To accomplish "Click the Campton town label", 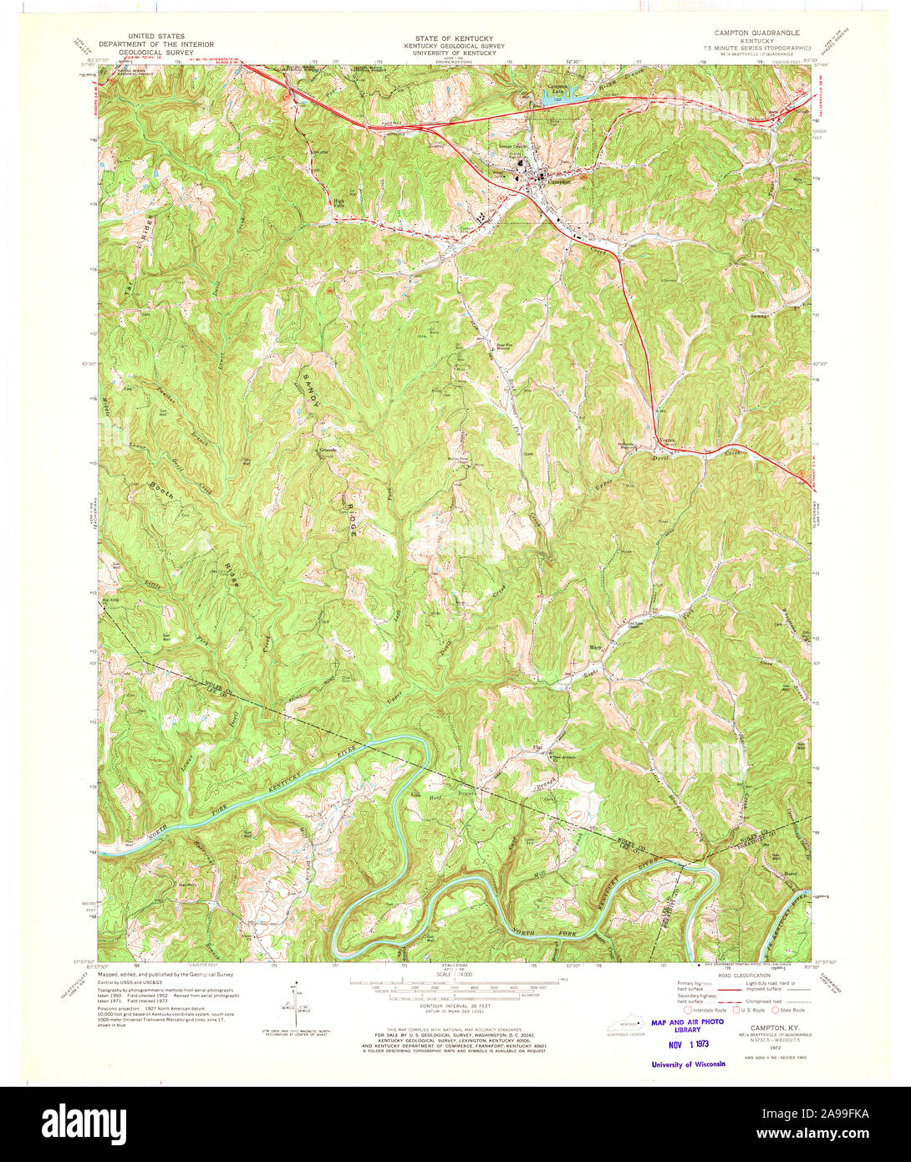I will (559, 181).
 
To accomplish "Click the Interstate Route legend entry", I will (705, 1010).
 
